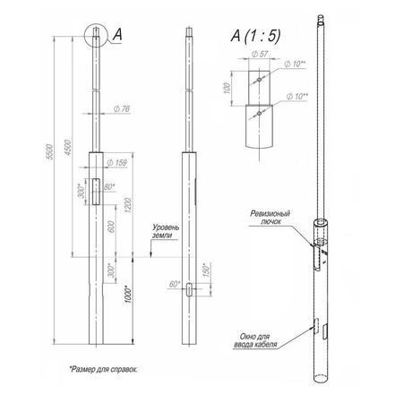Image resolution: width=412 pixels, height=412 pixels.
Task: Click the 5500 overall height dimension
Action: click(51, 151)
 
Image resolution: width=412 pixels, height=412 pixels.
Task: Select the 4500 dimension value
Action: click(68, 147)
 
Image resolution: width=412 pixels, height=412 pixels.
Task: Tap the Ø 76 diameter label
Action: click(122, 109)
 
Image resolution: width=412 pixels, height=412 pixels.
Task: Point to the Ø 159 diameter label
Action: click(116, 163)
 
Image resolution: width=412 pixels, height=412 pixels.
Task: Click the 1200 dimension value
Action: click(128, 205)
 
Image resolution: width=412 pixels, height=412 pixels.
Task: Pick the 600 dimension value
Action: click(111, 227)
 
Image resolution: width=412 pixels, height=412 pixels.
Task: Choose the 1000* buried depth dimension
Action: click(128, 295)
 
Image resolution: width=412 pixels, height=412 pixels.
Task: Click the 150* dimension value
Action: click(207, 270)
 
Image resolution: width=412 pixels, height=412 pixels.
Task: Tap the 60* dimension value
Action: click(175, 284)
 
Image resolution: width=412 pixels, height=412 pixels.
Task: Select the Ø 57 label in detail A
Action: click(260, 54)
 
